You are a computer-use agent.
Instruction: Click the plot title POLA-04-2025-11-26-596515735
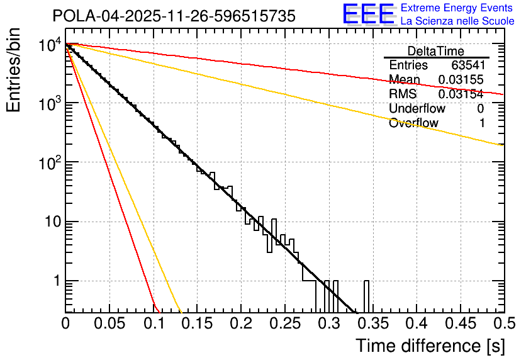click(174, 16)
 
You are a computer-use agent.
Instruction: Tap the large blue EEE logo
click(368, 14)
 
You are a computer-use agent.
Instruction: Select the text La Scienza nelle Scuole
click(457, 21)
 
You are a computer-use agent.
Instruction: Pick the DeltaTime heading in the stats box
click(435, 51)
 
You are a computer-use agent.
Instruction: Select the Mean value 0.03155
click(461, 80)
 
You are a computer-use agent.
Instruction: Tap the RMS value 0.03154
click(461, 94)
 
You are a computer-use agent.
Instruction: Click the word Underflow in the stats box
click(417, 109)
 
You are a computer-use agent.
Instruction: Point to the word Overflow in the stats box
click(413, 123)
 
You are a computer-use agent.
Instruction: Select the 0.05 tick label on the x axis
click(109, 323)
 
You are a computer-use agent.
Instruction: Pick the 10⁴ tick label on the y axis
click(48, 45)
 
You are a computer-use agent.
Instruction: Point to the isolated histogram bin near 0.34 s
click(366, 296)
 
